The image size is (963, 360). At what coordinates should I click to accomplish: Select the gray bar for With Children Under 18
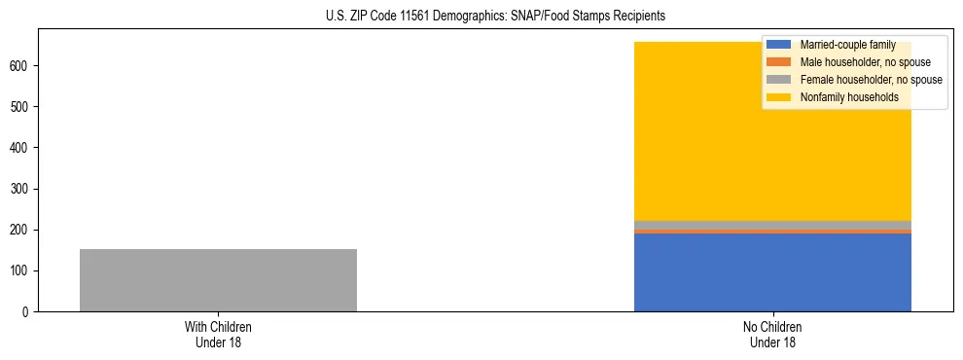[218, 280]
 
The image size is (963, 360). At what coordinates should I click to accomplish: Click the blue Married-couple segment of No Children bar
[772, 272]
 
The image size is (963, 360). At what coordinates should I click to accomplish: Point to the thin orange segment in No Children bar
[772, 232]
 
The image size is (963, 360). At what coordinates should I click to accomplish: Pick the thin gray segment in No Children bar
[772, 225]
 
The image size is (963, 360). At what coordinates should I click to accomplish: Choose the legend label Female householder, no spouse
[871, 80]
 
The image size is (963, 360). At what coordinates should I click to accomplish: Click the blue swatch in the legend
[778, 45]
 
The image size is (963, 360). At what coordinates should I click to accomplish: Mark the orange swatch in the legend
[778, 62]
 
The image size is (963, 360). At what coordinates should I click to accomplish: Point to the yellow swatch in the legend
[778, 97]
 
